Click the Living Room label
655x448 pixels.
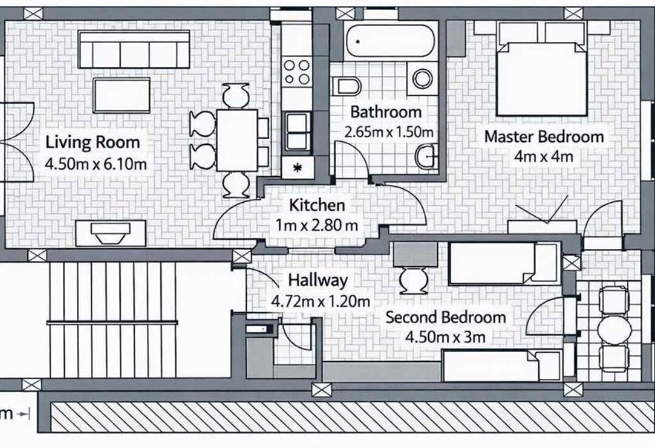[92, 142]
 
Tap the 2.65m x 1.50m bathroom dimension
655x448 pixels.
[389, 132]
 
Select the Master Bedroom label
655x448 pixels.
[544, 137]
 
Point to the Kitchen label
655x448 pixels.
[317, 205]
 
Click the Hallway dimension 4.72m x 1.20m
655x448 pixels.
[320, 300]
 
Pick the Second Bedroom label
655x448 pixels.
[445, 317]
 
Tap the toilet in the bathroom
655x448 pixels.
[346, 86]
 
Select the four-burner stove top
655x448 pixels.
[297, 72]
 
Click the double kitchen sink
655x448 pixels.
[297, 131]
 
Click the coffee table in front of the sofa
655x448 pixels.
[121, 95]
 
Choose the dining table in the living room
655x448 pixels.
[237, 140]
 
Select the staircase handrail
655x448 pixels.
[112, 322]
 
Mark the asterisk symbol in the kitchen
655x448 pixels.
[297, 168]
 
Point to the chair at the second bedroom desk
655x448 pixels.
[414, 281]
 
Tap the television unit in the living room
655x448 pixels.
[111, 233]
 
